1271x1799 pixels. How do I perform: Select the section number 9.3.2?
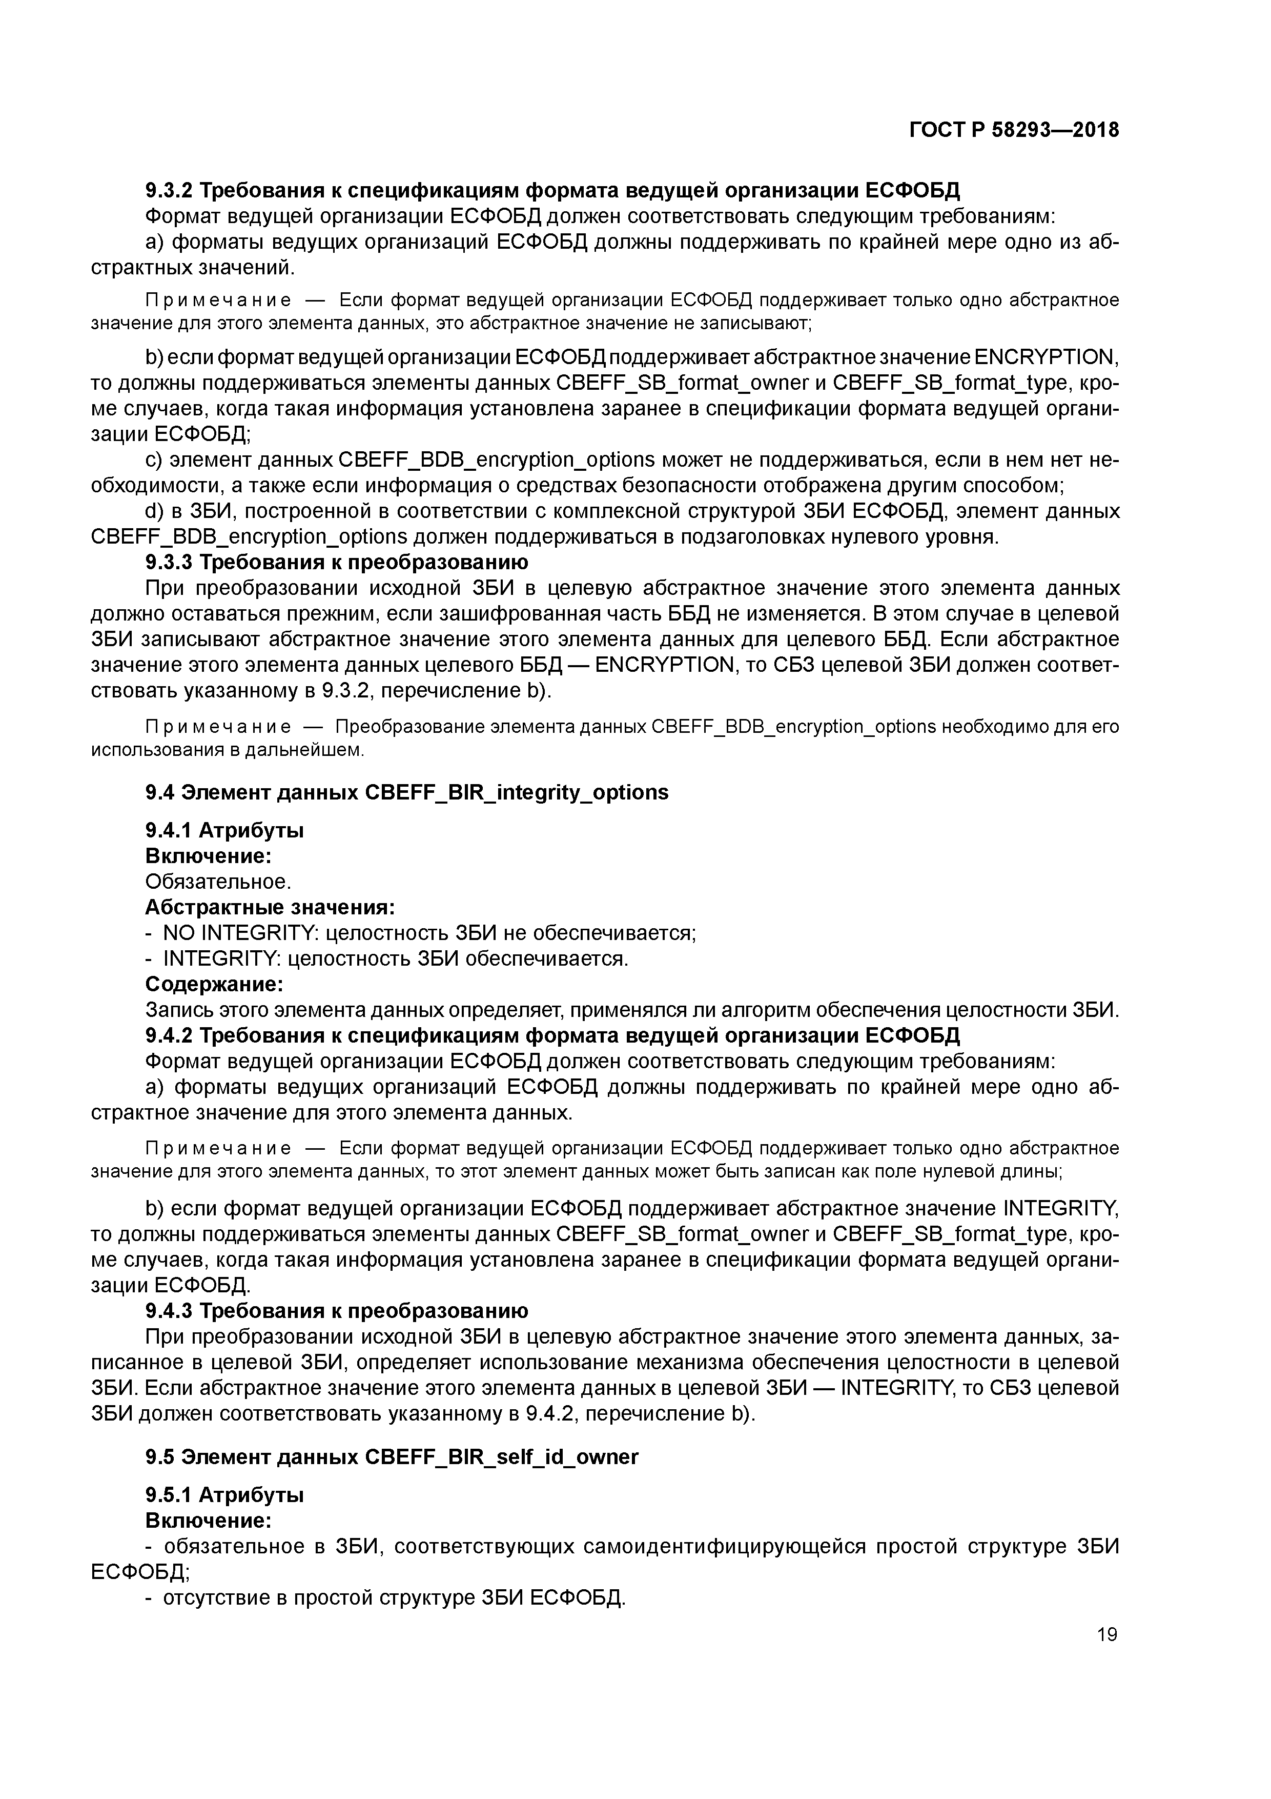(x=169, y=190)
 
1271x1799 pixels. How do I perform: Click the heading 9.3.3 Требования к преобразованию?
(x=337, y=563)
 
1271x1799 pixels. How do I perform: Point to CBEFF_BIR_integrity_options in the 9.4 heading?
(x=517, y=793)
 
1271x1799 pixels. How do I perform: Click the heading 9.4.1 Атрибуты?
(x=225, y=831)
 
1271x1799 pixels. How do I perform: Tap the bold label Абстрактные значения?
(x=270, y=908)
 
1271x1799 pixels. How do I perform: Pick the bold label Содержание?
(x=214, y=984)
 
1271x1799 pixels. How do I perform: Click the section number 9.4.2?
(x=169, y=1036)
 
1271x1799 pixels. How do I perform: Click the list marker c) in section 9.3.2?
(x=153, y=460)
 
